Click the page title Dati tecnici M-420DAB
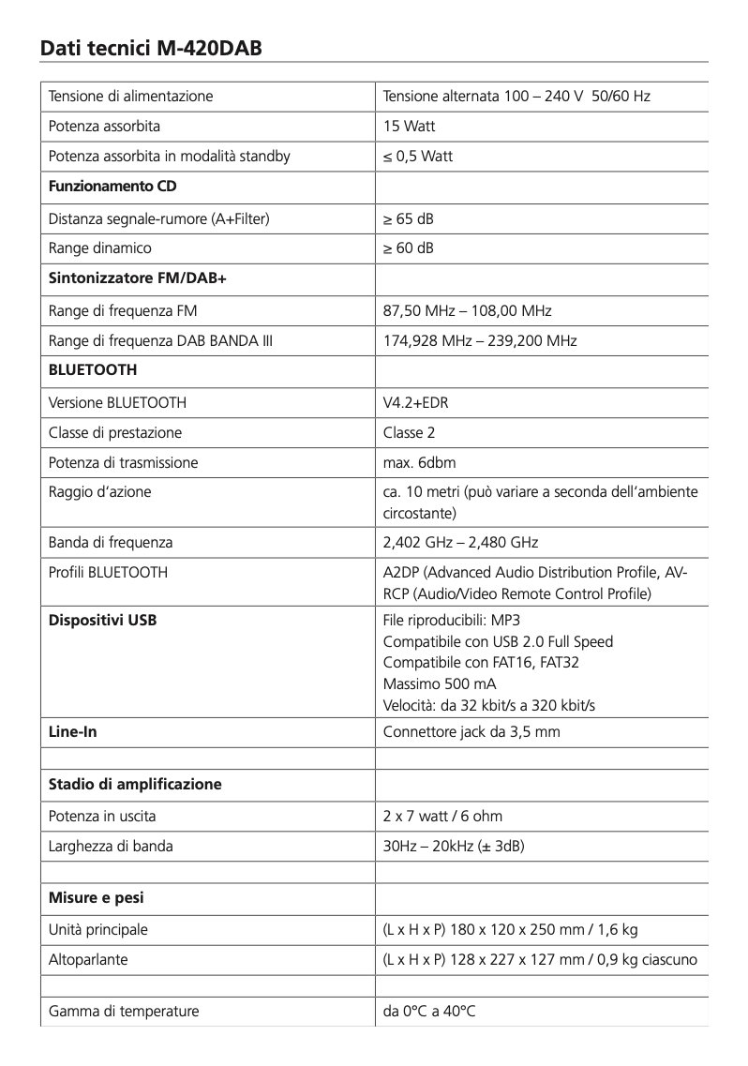[x=150, y=47]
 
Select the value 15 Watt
[x=410, y=126]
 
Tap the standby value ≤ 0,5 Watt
[x=418, y=156]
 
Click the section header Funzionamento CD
[x=112, y=186]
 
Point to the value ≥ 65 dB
[x=409, y=218]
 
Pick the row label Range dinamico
[x=99, y=248]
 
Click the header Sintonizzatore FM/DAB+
[x=126, y=278]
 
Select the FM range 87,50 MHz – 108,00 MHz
[x=468, y=310]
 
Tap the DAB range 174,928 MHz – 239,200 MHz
[x=480, y=340]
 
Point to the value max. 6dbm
[x=419, y=462]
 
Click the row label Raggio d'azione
[x=99, y=491]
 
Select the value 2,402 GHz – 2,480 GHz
[x=460, y=542]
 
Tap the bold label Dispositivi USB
[x=102, y=620]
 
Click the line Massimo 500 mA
[x=440, y=683]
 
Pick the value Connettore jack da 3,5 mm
[x=471, y=731]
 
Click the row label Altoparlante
[x=88, y=960]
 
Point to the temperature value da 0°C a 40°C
[x=429, y=1011]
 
